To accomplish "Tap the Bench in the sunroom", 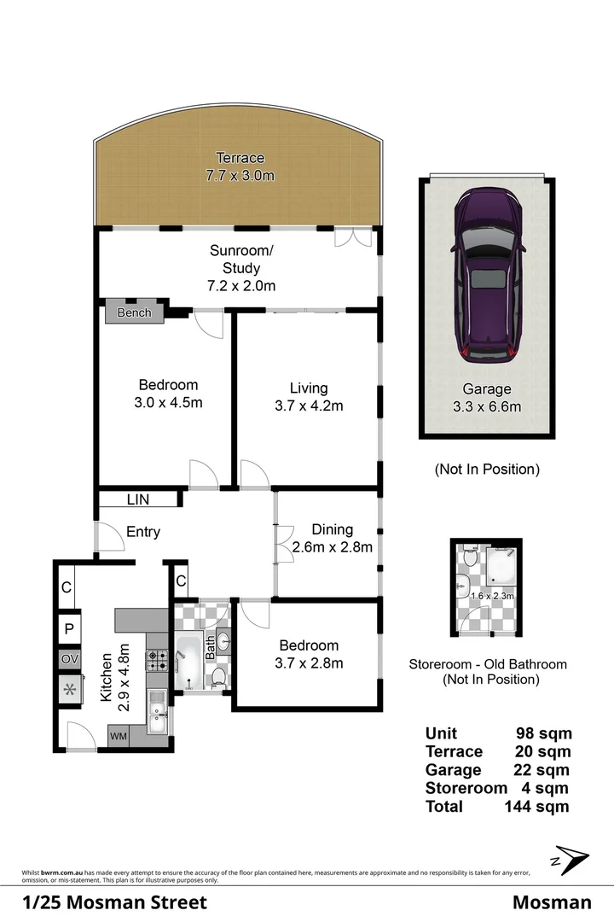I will pos(134,312).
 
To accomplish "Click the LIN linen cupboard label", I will pos(138,499).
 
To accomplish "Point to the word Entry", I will pos(143,532).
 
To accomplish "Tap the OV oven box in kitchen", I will pos(69,660).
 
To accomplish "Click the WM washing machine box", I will pos(118,736).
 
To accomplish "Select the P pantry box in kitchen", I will pos(69,629).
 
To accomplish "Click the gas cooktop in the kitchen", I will pos(158,659).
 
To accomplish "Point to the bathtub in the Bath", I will pos(188,662).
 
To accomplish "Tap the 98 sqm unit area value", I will pos(544,732).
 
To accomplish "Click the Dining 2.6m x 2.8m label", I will pos(332,539).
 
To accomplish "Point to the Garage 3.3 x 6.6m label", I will pos(486,399).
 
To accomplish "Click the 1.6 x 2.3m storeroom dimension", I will pos(497,596).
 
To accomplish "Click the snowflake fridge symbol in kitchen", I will pos(69,690).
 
